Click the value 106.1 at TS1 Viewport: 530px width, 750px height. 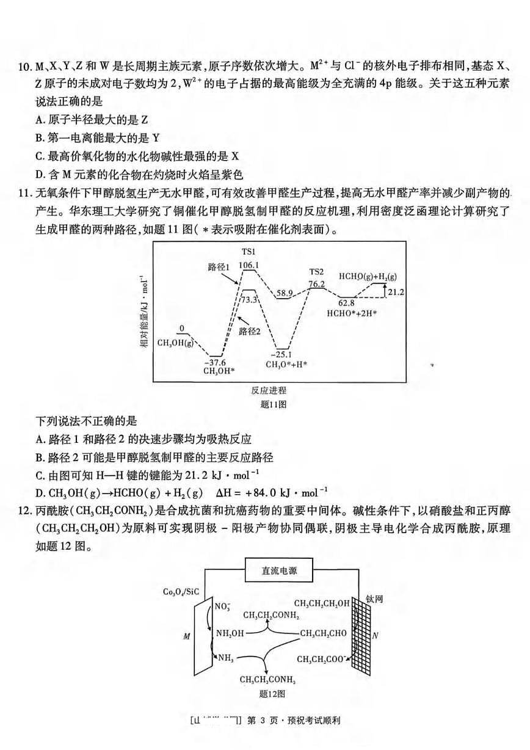point(249,265)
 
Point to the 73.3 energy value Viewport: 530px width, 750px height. point(249,300)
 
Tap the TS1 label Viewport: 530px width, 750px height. point(248,252)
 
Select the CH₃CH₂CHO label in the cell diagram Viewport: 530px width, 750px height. point(324,633)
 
